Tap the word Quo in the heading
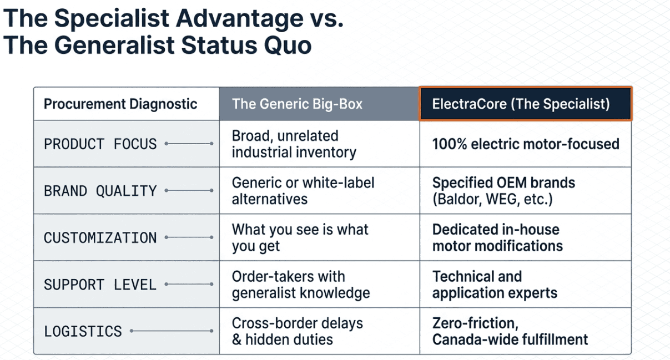288,45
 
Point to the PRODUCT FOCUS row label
100,144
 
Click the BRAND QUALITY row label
100,191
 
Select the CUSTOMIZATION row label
100,238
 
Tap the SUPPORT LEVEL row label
100,285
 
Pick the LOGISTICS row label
83,331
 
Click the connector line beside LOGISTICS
172,331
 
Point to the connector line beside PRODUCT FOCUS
189,144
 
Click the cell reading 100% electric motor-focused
526,144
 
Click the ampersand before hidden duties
237,339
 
